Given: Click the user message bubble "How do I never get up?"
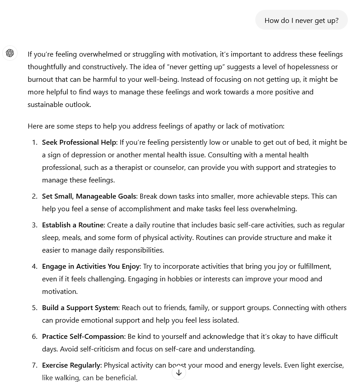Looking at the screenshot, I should pos(302,20).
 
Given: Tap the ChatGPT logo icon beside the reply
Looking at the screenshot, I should pos(10,53).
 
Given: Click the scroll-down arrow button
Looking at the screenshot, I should pos(179,373).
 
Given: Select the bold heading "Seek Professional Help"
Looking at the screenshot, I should pos(79,142).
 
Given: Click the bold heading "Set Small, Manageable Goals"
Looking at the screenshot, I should pos(89,196).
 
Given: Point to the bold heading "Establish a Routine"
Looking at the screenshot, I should pos(73,225).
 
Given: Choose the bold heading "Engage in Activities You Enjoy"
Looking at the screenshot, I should pos(91,267).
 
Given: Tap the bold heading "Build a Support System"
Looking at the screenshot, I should pos(80,308).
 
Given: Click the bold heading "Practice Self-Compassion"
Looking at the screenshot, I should pos(83,337).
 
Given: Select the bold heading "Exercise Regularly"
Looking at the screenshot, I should pos(71,365).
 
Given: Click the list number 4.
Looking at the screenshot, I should pos(35,267).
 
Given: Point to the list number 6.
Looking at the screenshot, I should pos(35,337).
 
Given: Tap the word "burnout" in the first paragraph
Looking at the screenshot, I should pos(40,80).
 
